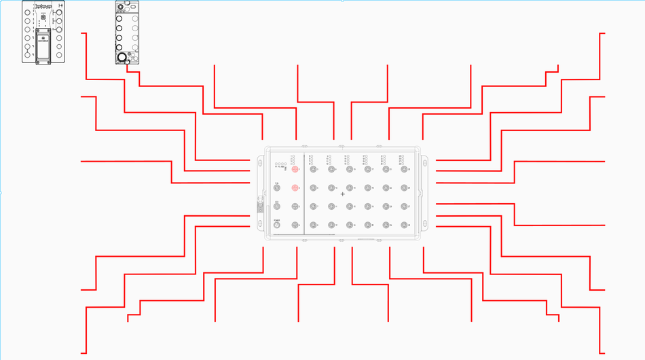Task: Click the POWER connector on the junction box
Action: (x=277, y=225)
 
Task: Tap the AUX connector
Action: (x=277, y=206)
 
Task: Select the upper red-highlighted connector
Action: (x=295, y=169)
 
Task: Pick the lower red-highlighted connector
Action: (x=295, y=187)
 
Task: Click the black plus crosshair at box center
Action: (x=342, y=194)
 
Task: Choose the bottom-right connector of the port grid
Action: (x=405, y=225)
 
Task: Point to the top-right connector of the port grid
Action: (x=405, y=169)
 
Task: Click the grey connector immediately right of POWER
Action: (x=295, y=225)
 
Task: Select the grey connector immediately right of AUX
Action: (x=295, y=206)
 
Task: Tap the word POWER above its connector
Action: (x=277, y=219)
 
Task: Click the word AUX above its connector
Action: (x=277, y=201)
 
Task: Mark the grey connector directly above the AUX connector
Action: (x=277, y=188)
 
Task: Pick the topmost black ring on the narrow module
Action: (x=120, y=7)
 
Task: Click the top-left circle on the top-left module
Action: (x=27, y=12)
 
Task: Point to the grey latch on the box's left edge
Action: (x=259, y=204)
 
